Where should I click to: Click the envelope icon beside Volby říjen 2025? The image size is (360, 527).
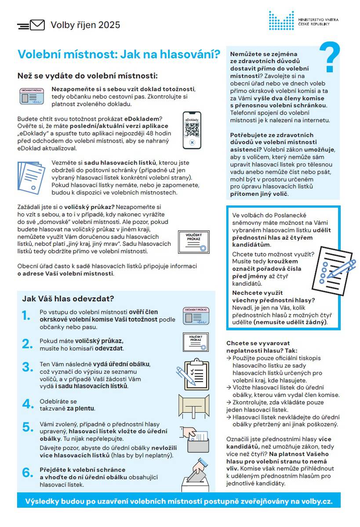point(37,25)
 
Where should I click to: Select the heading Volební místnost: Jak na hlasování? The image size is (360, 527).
point(119,54)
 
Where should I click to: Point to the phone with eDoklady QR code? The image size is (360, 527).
point(192,131)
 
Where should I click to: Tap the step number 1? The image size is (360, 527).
point(26,315)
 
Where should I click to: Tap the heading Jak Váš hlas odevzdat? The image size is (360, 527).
point(68,299)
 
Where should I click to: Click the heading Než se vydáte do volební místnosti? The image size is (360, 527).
point(87,76)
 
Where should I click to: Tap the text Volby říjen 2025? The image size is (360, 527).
point(85,25)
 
